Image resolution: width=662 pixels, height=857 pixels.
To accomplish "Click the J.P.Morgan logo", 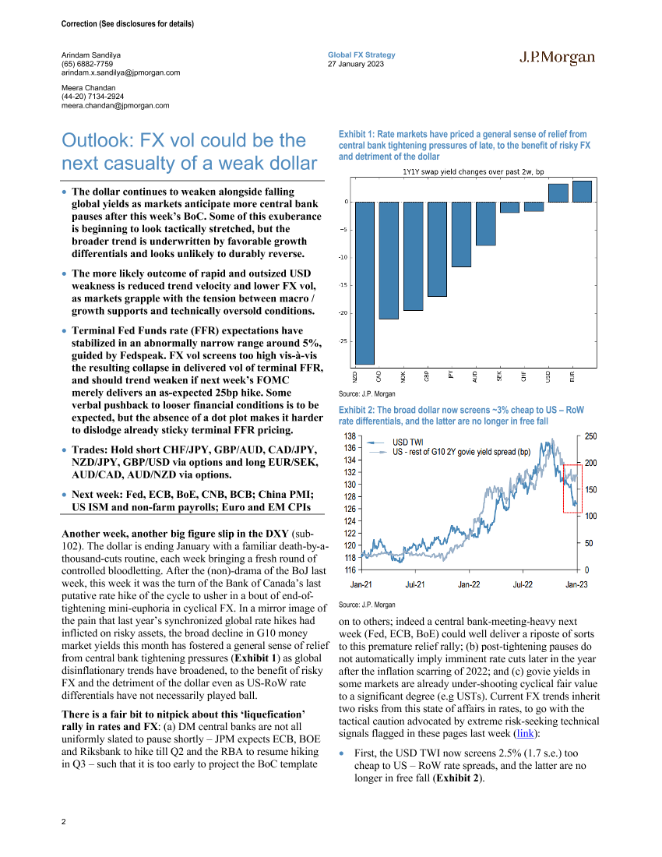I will [x=557, y=58].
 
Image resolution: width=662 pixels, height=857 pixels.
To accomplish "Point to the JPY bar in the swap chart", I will [x=461, y=235].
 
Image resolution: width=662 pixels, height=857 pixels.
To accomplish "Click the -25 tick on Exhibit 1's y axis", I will [x=343, y=341].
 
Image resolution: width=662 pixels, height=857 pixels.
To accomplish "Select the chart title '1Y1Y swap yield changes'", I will [x=460, y=171].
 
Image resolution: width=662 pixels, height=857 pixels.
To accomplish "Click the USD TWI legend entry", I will [x=407, y=441].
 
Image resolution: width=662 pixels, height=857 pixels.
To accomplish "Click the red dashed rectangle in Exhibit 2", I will [x=572, y=488].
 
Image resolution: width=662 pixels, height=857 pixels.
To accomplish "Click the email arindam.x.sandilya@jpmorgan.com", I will [x=121, y=72].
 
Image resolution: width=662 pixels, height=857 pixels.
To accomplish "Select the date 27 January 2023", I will [x=356, y=64].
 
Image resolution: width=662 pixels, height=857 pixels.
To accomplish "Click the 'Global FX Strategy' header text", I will [x=361, y=55].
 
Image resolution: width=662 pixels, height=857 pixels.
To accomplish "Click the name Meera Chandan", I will [x=90, y=87].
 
